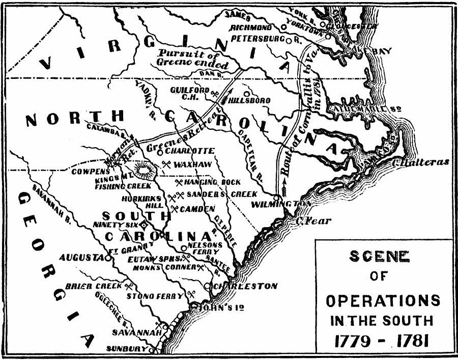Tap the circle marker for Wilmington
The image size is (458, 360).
275,198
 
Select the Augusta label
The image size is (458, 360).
81,258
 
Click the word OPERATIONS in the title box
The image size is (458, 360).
382,300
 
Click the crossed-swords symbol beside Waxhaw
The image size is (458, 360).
166,164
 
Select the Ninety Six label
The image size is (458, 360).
116,224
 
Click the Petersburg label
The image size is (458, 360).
258,38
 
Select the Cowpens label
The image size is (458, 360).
91,172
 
